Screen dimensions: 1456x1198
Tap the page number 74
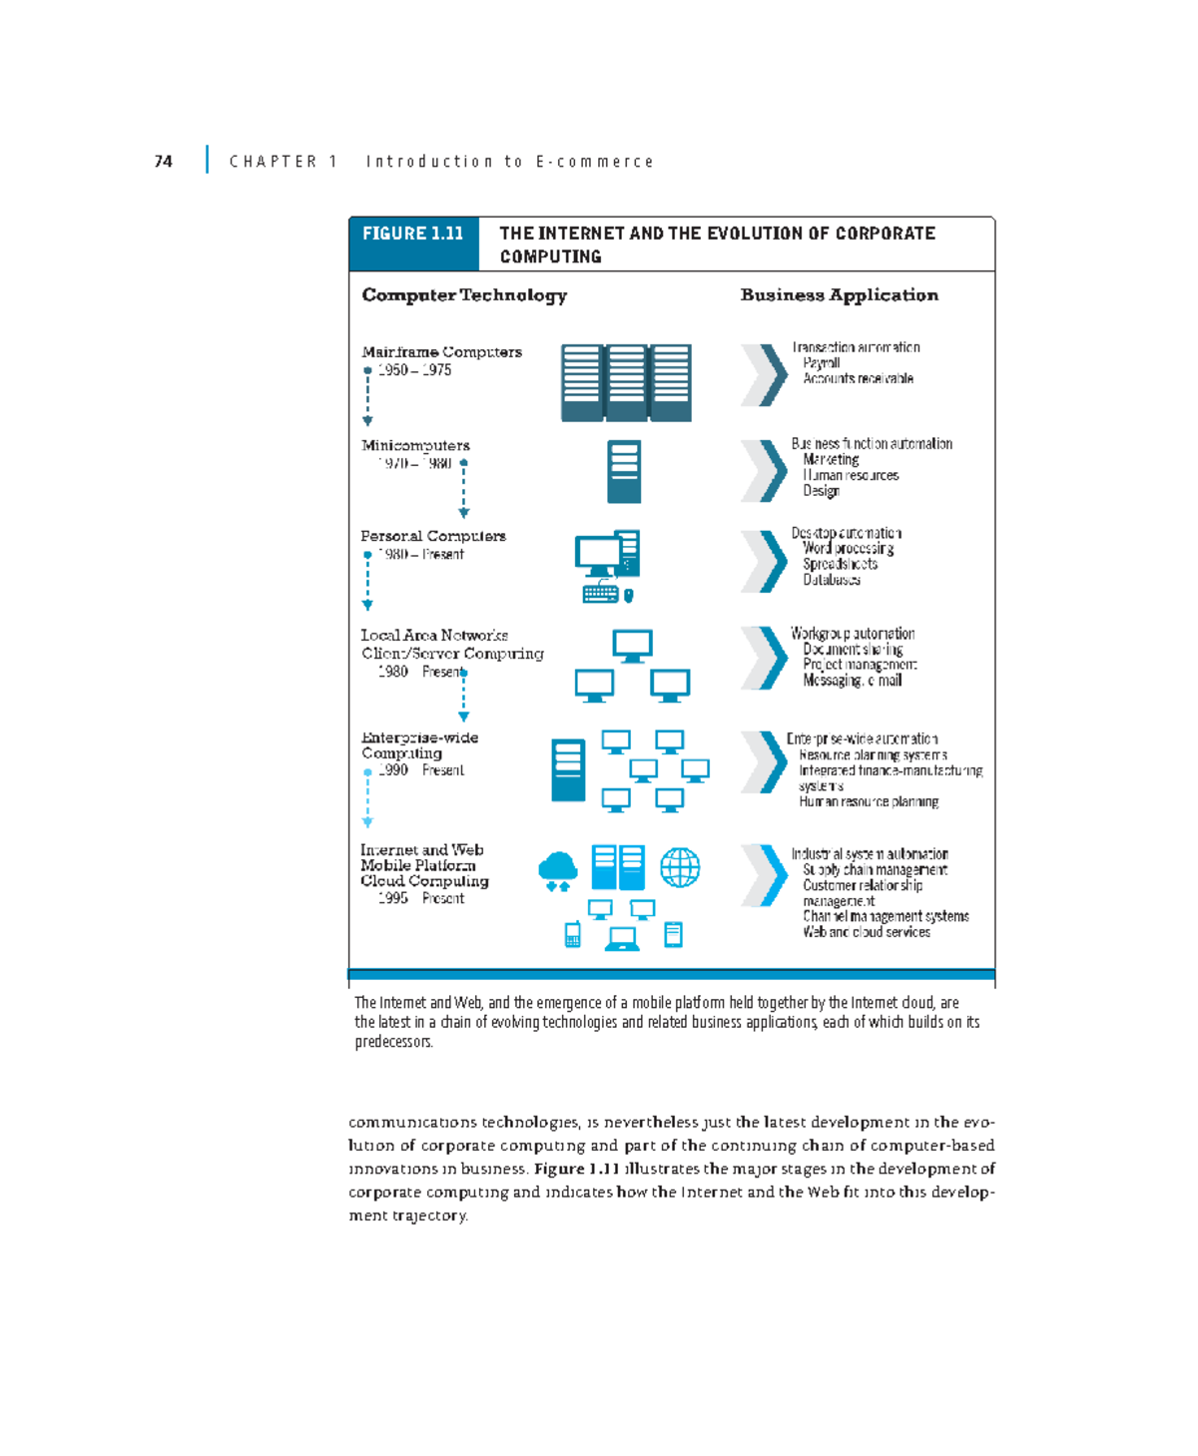[164, 162]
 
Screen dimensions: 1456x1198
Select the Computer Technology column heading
[464, 295]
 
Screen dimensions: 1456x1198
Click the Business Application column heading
[839, 295]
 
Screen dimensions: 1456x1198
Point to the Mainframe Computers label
[441, 352]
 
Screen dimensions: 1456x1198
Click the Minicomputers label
[415, 445]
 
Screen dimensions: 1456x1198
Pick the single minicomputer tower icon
[624, 471]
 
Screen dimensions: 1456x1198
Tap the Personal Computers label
[433, 536]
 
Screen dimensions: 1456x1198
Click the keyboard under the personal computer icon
[600, 594]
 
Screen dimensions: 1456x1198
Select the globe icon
[680, 867]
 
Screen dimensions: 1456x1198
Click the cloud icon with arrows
[557, 871]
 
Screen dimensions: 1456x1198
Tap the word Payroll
[821, 363]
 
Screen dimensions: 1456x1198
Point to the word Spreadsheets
[840, 564]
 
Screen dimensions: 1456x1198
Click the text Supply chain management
[875, 870]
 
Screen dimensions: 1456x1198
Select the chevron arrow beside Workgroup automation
[765, 658]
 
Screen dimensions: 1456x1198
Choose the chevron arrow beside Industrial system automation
[765, 875]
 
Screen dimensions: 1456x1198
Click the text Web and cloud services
[867, 932]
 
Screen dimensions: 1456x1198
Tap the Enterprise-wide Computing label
[419, 745]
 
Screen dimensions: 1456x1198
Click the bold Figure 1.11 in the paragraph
[577, 1169]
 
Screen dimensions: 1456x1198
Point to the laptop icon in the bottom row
[622, 938]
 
